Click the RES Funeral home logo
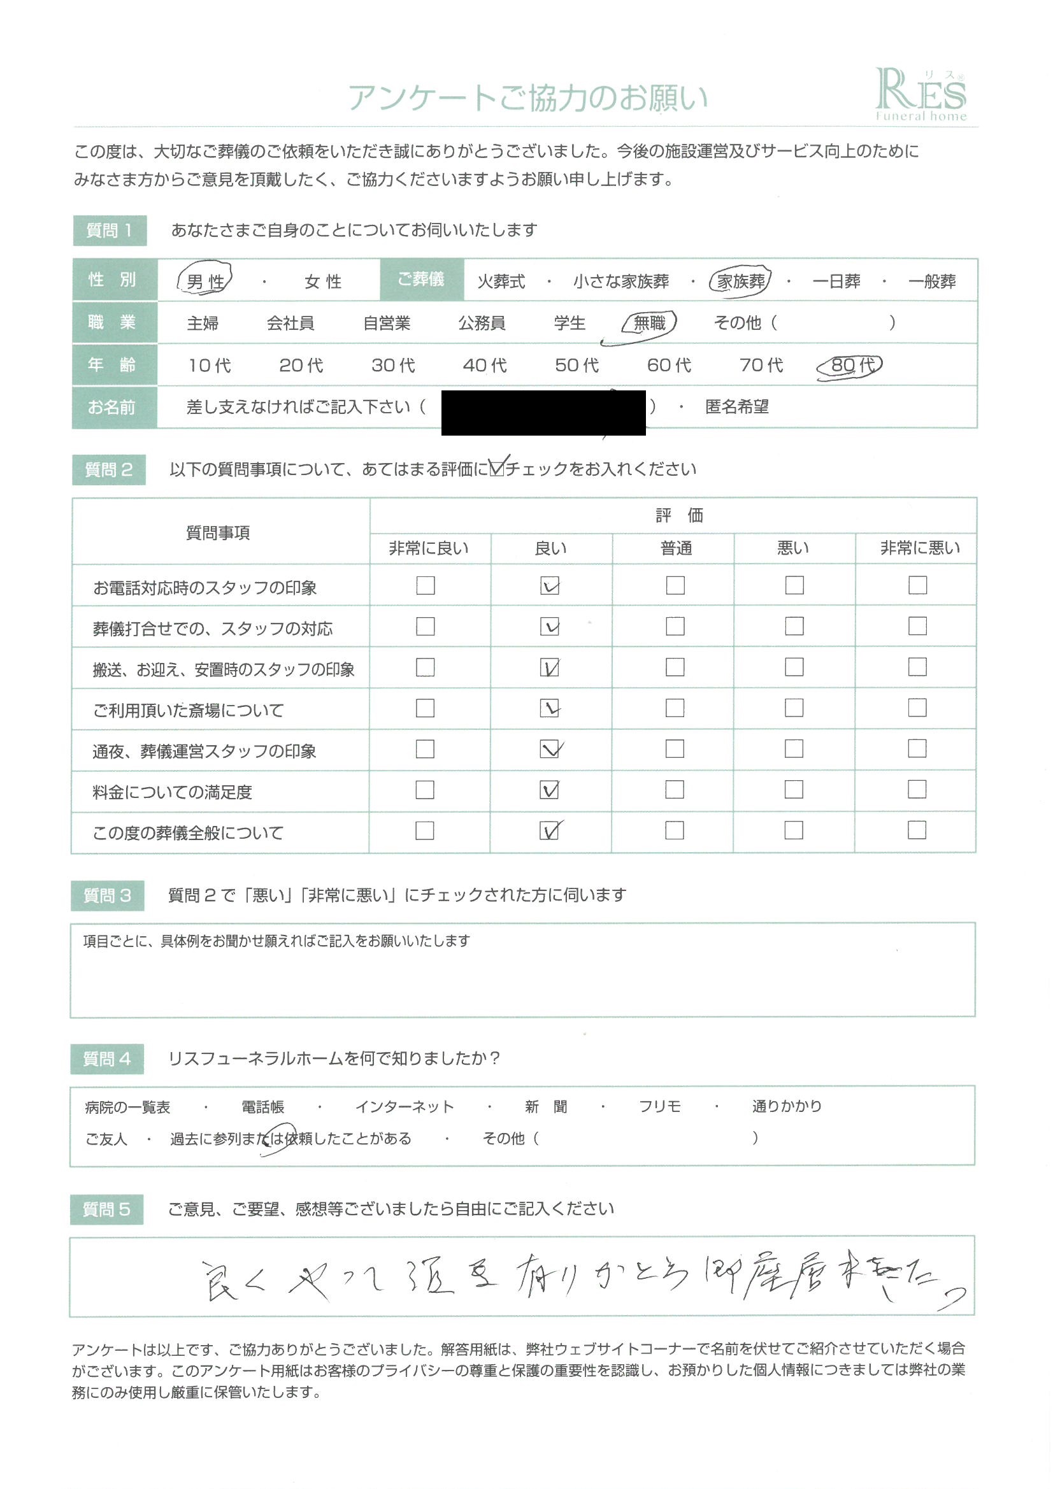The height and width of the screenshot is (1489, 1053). [920, 95]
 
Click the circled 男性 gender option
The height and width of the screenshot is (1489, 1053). [204, 281]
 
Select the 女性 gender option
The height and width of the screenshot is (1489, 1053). [322, 281]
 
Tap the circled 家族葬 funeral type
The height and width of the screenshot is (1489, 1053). [740, 281]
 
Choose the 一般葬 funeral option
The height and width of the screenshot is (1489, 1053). [932, 281]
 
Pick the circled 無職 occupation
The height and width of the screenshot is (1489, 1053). [648, 323]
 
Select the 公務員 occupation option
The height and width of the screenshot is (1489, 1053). [482, 323]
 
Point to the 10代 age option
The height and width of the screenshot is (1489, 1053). [209, 366]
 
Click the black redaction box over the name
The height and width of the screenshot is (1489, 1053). [543, 413]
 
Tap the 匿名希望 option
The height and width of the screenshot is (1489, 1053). [736, 407]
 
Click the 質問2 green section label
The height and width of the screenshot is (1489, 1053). [108, 469]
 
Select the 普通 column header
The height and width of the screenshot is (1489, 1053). [676, 548]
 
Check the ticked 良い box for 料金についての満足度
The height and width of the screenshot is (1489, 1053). [550, 790]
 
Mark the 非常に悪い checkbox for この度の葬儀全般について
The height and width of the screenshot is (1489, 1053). [917, 830]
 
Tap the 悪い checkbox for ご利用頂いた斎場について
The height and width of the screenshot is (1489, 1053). [794, 708]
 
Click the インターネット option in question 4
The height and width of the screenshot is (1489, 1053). [405, 1106]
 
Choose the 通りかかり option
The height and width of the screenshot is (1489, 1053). [786, 1106]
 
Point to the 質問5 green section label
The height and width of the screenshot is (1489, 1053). [106, 1209]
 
